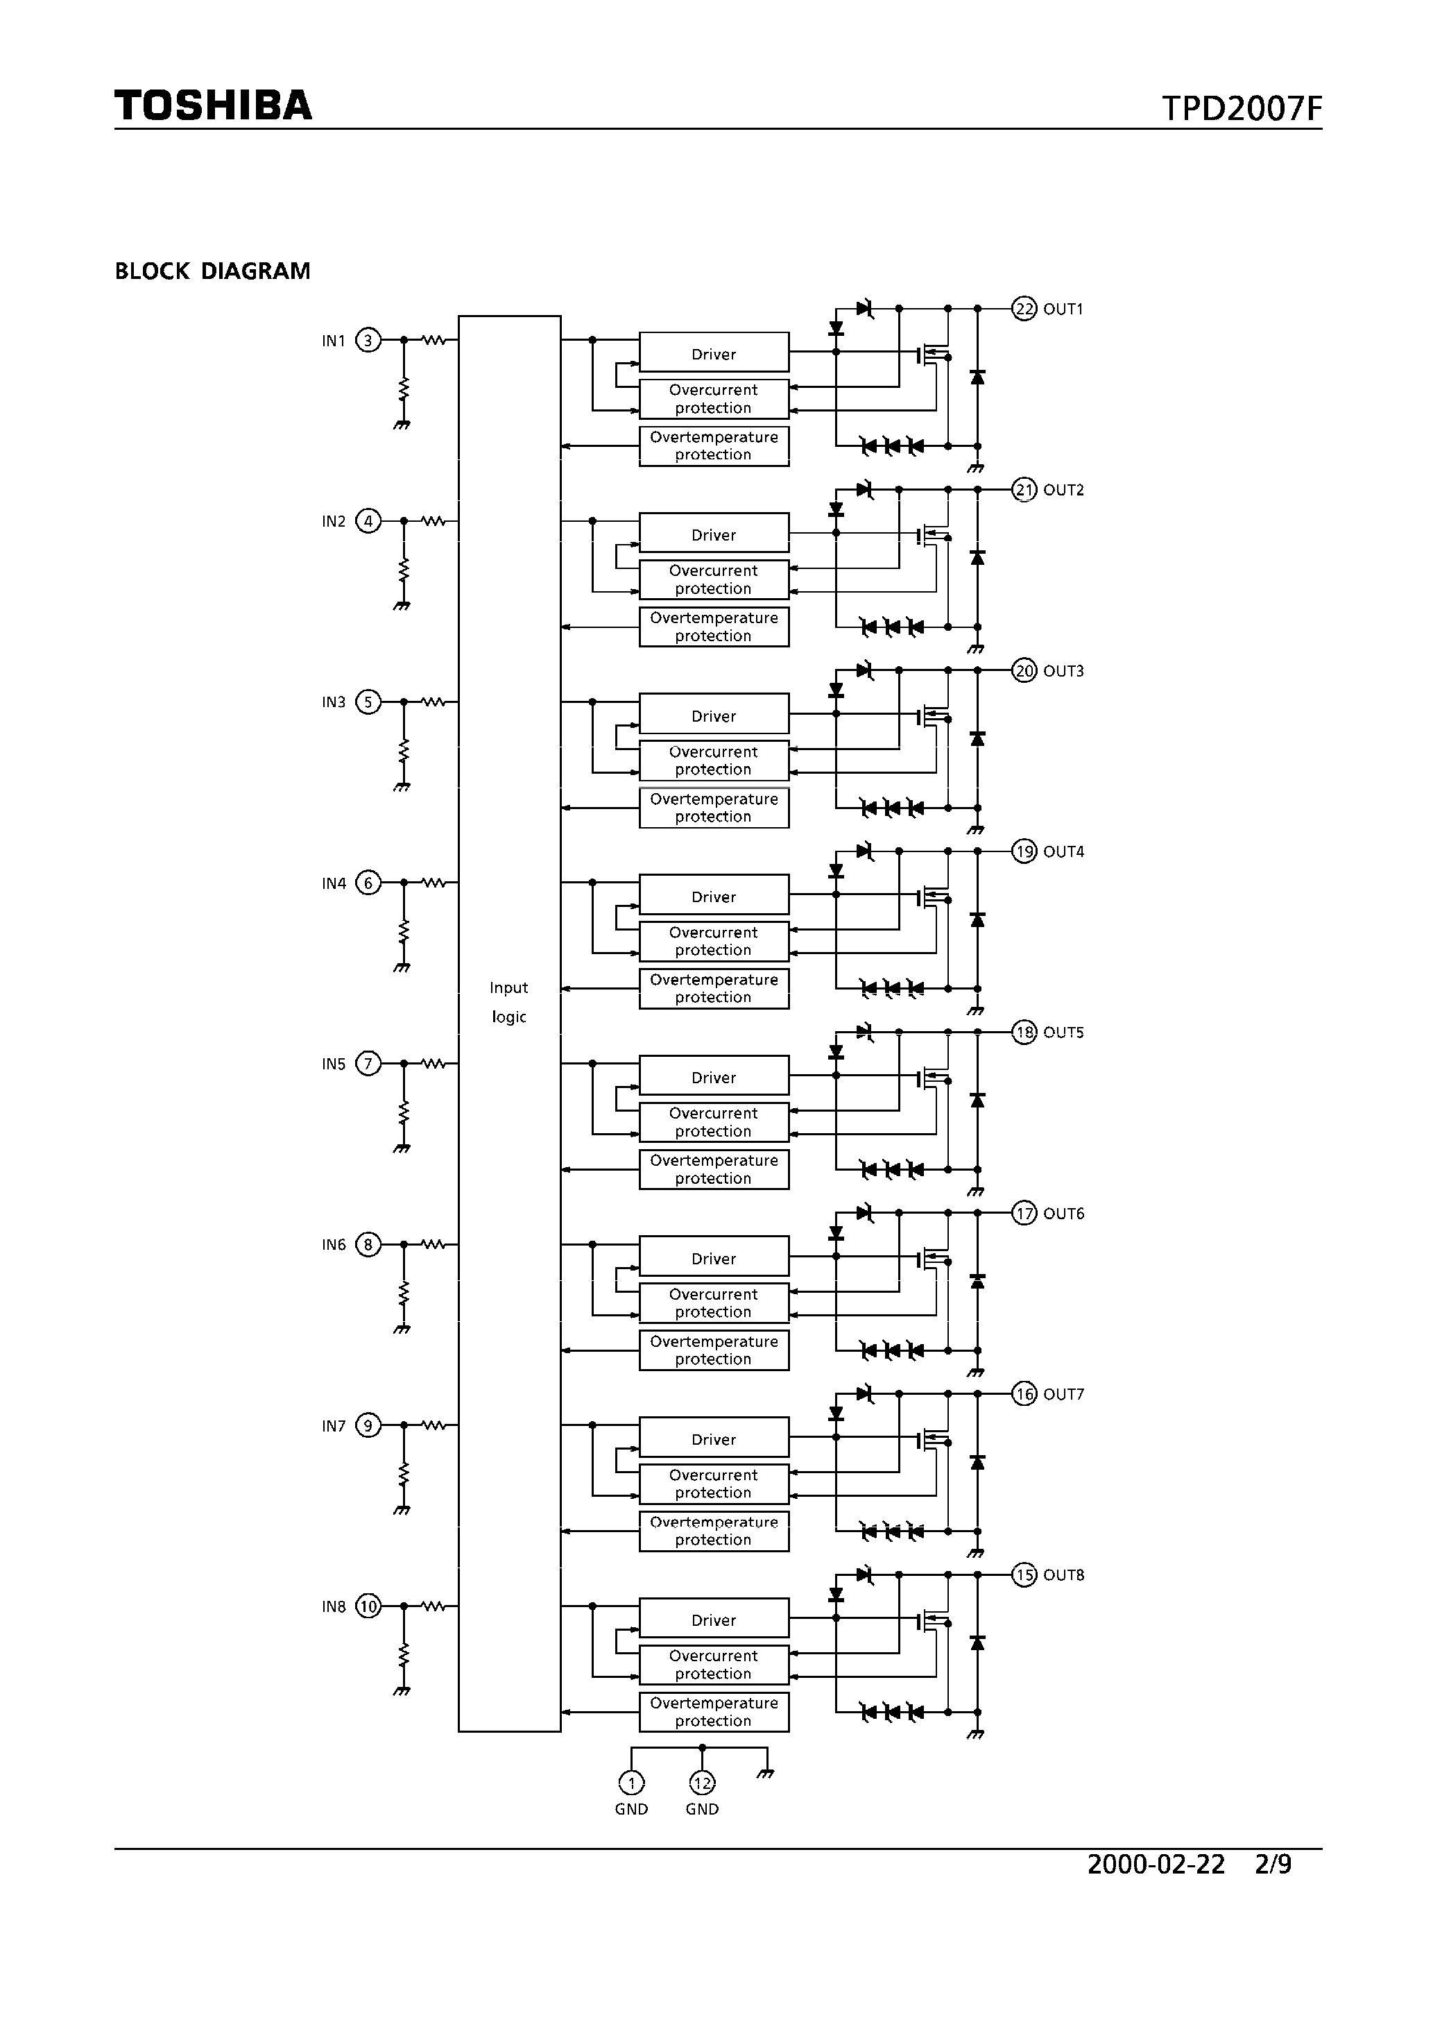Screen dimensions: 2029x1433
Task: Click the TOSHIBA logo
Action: pos(213,105)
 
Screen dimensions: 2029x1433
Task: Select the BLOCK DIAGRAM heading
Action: pos(212,271)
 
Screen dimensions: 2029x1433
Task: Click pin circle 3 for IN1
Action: pos(368,340)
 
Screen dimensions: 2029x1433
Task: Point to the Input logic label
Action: pos(509,1002)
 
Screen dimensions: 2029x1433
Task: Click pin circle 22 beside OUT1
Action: pos(1024,308)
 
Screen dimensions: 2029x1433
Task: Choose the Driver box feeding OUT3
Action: pos(714,715)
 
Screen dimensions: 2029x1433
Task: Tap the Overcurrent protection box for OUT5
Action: pos(714,1122)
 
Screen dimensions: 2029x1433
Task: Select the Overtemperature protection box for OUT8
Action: pos(714,1712)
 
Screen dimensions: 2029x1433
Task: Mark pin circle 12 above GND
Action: pos(703,1783)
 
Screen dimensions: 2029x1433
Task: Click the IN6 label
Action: pos(334,1245)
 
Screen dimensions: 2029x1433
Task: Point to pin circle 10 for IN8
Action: pos(368,1606)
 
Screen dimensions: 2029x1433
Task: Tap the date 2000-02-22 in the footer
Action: pos(1156,1864)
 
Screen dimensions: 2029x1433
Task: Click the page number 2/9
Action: pos(1273,1864)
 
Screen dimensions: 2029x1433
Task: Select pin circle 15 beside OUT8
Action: pos(1024,1574)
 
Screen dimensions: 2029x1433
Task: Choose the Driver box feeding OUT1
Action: pos(714,353)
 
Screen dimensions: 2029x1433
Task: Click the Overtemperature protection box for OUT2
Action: pos(714,627)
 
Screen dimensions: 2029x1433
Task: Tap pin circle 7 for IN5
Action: pos(368,1064)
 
